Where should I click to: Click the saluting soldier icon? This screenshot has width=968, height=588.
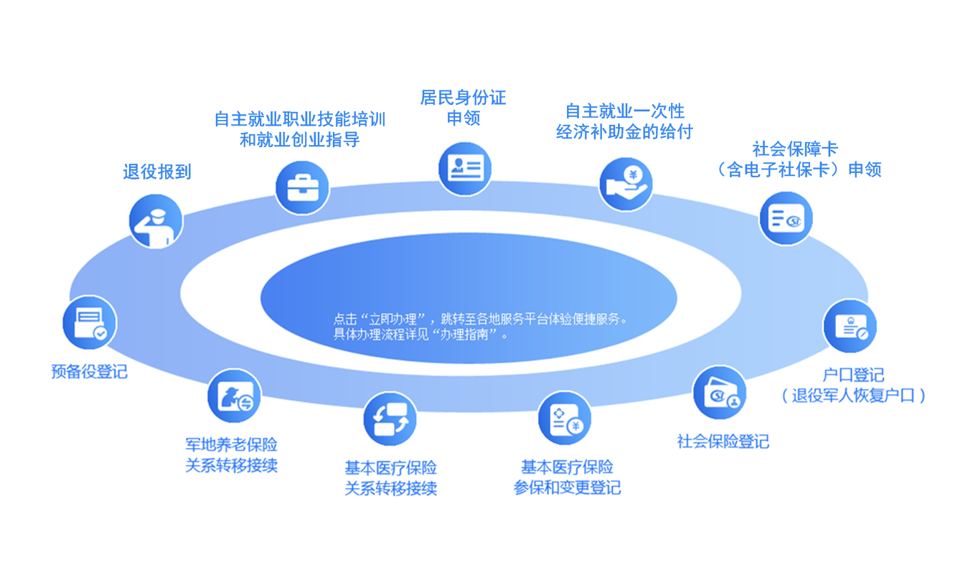(156, 221)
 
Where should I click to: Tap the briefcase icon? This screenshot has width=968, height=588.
(302, 188)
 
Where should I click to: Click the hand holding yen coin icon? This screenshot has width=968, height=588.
(625, 185)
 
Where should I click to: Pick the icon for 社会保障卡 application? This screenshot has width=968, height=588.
(786, 218)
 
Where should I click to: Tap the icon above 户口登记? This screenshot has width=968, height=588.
(850, 326)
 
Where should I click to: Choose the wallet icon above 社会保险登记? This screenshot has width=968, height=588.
(719, 393)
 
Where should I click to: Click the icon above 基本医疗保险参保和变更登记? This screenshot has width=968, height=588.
(565, 419)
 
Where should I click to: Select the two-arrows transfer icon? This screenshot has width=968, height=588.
(390, 419)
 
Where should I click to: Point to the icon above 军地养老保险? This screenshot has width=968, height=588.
(234, 396)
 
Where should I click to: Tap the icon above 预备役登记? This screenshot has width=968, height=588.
(90, 322)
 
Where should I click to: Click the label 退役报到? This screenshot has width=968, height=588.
(157, 172)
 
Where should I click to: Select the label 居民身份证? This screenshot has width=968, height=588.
(464, 98)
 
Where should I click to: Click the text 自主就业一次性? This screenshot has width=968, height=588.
(625, 111)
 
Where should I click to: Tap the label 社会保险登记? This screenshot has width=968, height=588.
(723, 441)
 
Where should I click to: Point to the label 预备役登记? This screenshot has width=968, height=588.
(89, 371)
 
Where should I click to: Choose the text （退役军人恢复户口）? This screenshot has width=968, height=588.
(853, 396)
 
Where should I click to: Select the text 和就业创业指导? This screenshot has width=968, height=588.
(299, 139)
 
